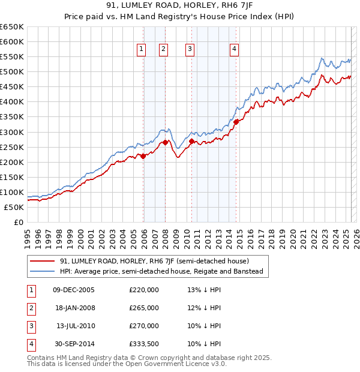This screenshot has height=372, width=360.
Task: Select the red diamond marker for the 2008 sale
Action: pyautogui.click(x=165, y=143)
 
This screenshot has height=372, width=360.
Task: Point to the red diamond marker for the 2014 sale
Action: pyautogui.click(x=236, y=122)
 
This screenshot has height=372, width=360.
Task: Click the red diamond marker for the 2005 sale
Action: pyautogui.click(x=143, y=156)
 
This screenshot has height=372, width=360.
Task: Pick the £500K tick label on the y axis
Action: pyautogui.click(x=12, y=72)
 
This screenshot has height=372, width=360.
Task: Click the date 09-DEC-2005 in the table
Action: pyautogui.click(x=74, y=290)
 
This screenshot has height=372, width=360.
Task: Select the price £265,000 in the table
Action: pyautogui.click(x=144, y=308)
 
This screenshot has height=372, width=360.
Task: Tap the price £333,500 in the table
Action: pyautogui.click(x=144, y=344)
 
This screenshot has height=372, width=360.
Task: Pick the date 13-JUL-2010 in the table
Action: pyautogui.click(x=75, y=326)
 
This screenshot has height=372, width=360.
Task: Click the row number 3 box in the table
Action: pyautogui.click(x=31, y=326)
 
